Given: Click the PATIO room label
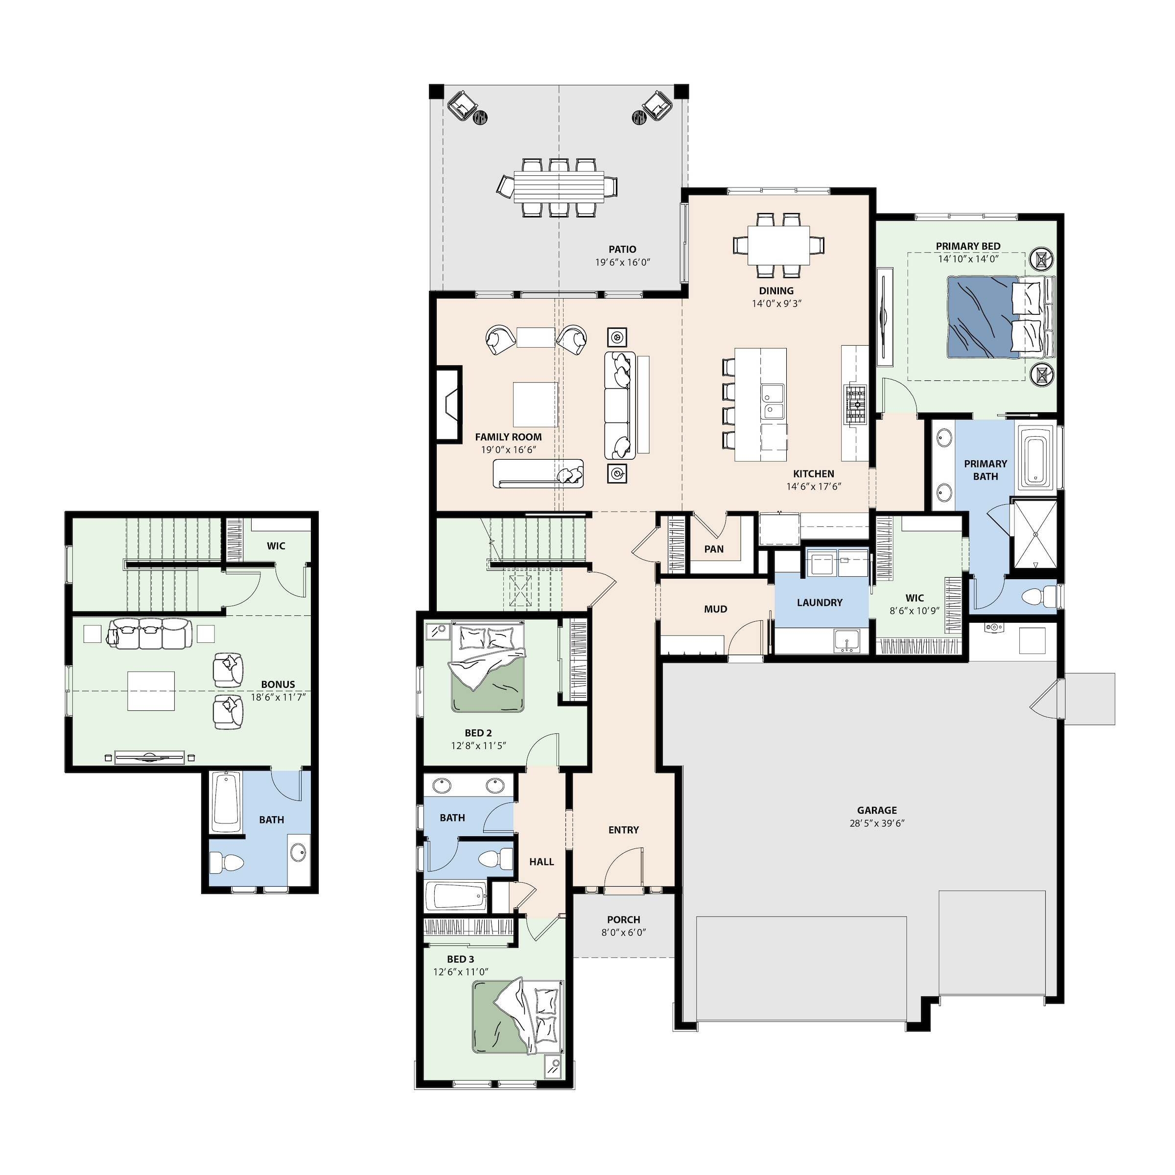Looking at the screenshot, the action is (622, 249).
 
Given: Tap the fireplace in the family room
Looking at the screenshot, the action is (449, 402).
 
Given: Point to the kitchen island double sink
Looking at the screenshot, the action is (773, 402).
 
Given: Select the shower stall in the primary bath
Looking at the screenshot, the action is (1034, 535).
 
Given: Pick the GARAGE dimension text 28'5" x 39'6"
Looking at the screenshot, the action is (876, 823).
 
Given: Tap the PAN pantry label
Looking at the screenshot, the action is (714, 549).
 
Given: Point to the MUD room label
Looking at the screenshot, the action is (715, 610).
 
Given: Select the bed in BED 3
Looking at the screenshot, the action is (517, 1016).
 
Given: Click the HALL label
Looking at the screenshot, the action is (541, 862).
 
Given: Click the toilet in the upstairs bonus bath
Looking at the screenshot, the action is (226, 861).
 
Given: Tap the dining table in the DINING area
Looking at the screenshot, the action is (778, 245).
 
